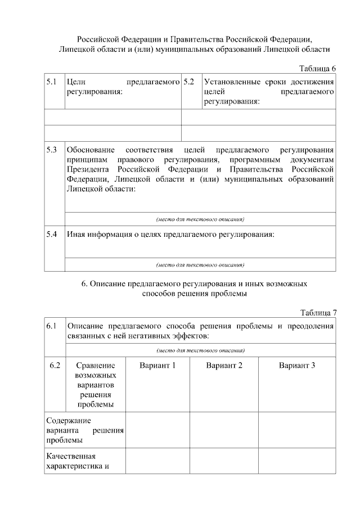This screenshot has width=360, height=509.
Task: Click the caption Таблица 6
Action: [x=317, y=69]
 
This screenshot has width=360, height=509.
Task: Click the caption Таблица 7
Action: [x=317, y=313]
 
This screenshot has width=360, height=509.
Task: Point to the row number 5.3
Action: [x=52, y=150]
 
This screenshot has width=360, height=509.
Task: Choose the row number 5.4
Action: [x=52, y=235]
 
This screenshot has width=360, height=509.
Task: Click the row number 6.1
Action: [x=52, y=326]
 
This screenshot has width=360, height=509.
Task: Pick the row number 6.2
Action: [x=55, y=366]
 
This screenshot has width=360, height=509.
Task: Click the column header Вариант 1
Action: [x=157, y=366]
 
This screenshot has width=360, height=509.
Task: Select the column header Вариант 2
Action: [x=224, y=366]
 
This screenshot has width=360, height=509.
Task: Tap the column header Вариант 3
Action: [x=296, y=366]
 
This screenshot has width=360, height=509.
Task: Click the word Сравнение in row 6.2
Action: [x=94, y=366]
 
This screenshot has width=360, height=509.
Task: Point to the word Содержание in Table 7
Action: [x=69, y=420]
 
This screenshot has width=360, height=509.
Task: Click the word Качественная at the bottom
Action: [x=71, y=456]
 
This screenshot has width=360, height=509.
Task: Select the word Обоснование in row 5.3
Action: [x=91, y=150]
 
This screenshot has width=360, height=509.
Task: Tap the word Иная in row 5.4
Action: [x=76, y=235]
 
